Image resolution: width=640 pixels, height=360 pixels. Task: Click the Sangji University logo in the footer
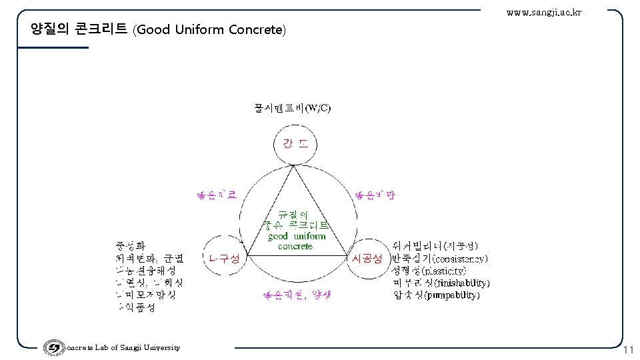point(52,348)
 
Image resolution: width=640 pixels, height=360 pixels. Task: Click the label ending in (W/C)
point(292,108)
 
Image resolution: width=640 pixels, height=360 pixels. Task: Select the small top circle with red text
point(295,144)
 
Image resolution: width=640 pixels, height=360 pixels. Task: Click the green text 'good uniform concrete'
point(296,241)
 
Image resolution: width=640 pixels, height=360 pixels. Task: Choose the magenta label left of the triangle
point(215,195)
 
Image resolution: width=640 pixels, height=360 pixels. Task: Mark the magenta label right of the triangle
point(375,195)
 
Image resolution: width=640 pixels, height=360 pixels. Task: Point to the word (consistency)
point(460,258)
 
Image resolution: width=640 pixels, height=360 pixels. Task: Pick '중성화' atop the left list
point(130,245)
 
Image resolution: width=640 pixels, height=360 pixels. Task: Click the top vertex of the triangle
point(293,167)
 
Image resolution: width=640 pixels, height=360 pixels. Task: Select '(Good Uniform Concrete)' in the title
point(209,30)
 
